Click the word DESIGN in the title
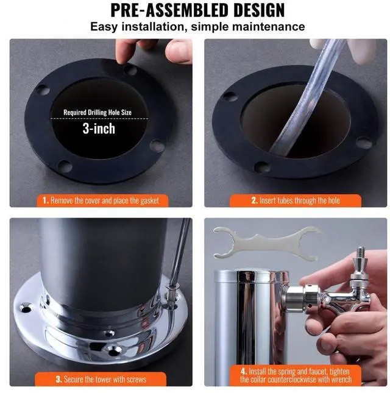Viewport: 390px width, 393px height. tap(249, 10)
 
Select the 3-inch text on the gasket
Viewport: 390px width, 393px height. tap(99, 129)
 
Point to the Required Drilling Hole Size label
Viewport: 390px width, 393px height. tap(106, 113)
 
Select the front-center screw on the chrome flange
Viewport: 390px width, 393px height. tap(114, 350)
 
